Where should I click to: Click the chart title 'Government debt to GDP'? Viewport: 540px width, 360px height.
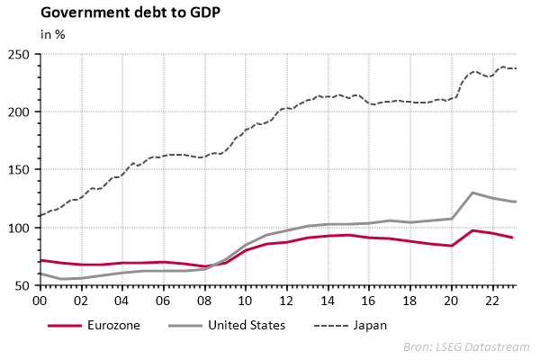[x=117, y=13]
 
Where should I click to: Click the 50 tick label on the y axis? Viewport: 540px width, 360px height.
[x=26, y=285]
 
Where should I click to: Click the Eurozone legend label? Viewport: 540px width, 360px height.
[x=116, y=324]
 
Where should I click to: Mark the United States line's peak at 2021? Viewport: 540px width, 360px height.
[x=472, y=193]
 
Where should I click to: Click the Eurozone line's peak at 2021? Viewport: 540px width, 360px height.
[x=472, y=230]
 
